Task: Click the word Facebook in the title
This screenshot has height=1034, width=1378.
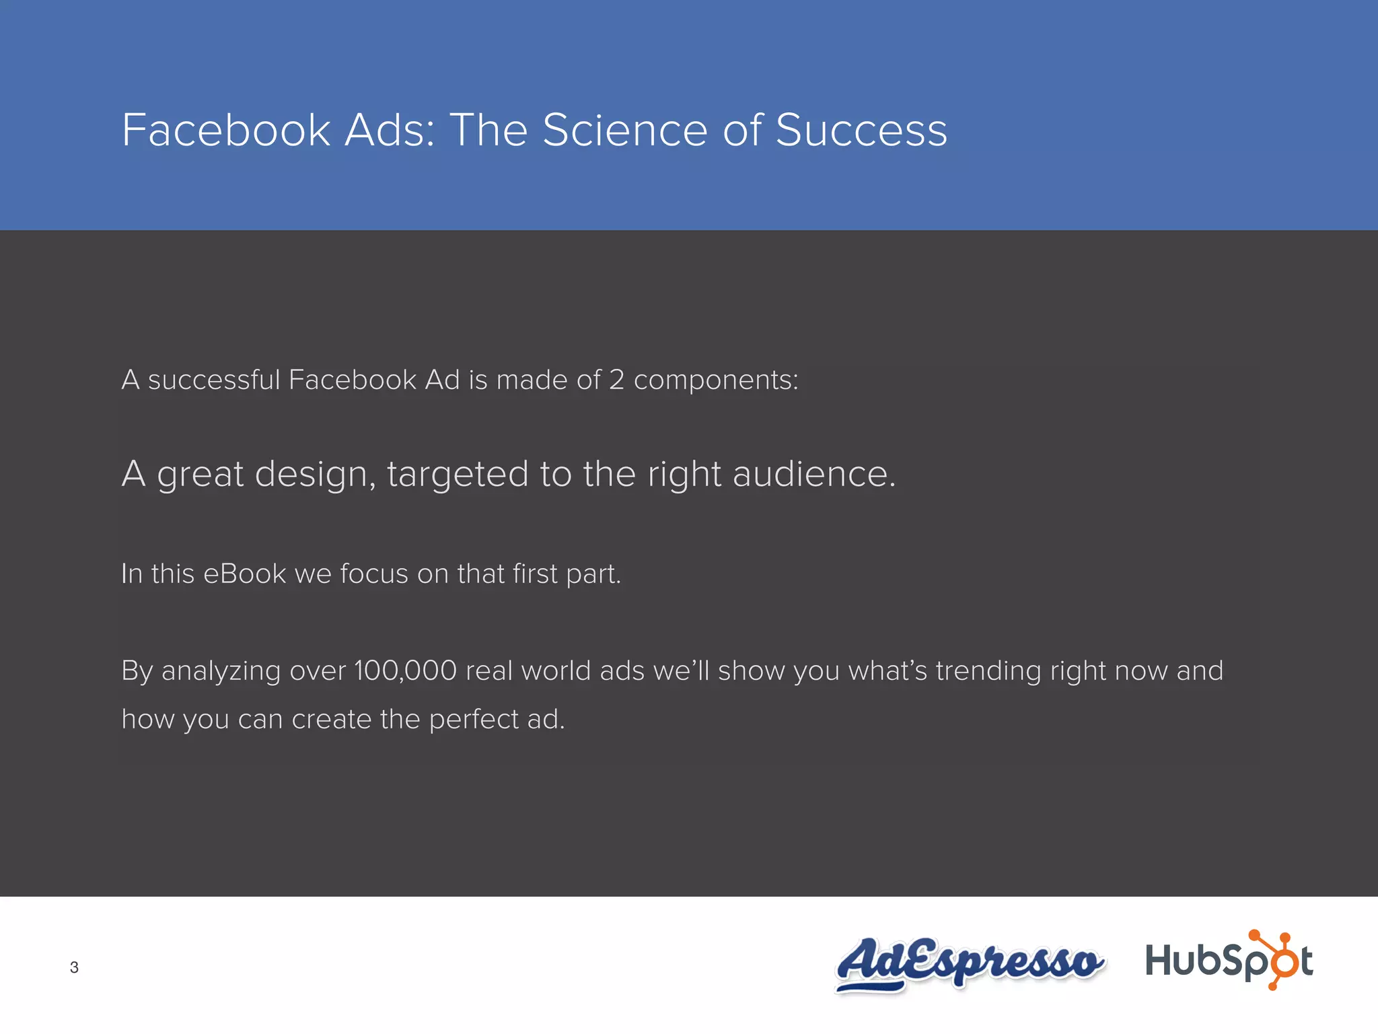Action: pos(226,130)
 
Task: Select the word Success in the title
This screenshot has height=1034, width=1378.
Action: pos(861,130)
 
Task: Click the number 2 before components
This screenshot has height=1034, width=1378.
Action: pos(616,380)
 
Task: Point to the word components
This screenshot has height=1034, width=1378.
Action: pos(715,380)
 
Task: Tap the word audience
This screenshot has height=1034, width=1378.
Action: pos(813,474)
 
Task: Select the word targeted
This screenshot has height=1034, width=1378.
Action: pos(458,474)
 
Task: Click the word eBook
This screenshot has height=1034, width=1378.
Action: pos(244,574)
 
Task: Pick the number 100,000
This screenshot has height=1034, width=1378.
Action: pos(405,671)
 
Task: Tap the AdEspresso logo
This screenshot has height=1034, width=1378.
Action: pos(969,963)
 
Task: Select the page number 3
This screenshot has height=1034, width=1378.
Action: pos(74,967)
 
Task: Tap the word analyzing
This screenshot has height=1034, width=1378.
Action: pos(221,671)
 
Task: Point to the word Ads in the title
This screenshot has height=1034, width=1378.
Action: pos(390,130)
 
